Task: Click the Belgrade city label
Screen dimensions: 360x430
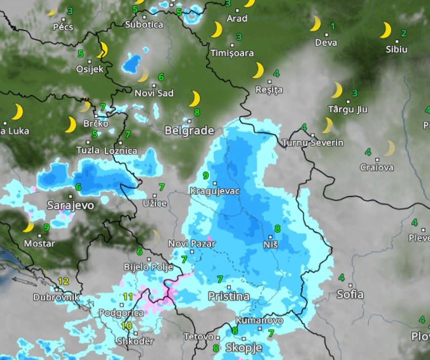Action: (x=189, y=130)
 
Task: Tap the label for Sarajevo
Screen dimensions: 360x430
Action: (x=70, y=205)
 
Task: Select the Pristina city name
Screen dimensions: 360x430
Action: (x=229, y=296)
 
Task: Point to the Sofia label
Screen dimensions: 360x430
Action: (x=350, y=294)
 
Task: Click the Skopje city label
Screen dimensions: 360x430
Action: (x=243, y=348)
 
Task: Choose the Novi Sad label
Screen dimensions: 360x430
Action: (x=154, y=93)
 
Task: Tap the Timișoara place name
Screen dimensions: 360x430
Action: (x=232, y=53)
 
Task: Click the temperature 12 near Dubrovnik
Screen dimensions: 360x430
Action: (x=63, y=281)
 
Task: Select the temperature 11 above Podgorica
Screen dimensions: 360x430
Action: (x=128, y=297)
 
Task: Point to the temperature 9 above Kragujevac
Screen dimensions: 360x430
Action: (x=205, y=175)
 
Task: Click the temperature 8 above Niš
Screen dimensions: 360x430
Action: (x=277, y=228)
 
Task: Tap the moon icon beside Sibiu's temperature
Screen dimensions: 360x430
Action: (x=385, y=30)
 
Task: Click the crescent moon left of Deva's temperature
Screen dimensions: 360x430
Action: (x=315, y=23)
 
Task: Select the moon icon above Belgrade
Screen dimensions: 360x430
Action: (x=194, y=99)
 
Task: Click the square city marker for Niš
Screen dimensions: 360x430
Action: (x=271, y=237)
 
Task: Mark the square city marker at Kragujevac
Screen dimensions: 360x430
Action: (x=214, y=183)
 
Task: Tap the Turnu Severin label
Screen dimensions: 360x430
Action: (x=313, y=143)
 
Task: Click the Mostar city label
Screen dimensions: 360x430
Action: (x=39, y=243)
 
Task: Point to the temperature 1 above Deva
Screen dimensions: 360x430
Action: (x=332, y=26)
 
